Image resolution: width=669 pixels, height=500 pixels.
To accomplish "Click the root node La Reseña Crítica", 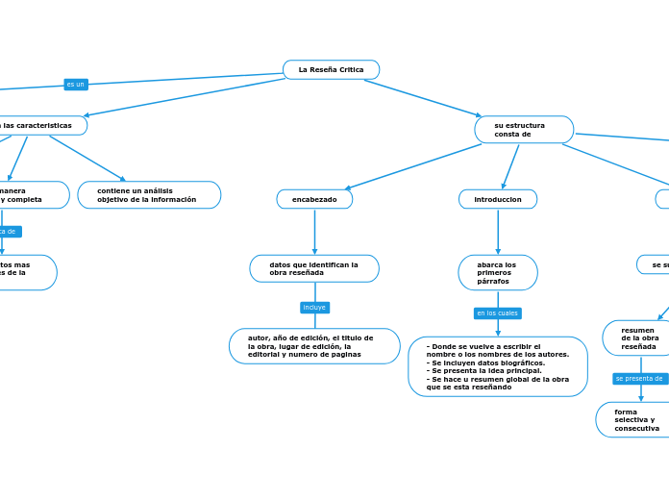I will [x=331, y=69].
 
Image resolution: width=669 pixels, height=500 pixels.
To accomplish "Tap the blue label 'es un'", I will [x=75, y=85].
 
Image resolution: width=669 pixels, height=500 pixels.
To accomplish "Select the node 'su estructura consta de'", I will [x=524, y=130].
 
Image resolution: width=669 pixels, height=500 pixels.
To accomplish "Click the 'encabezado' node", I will [x=314, y=199].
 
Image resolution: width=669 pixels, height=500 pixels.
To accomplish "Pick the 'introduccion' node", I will [x=498, y=199].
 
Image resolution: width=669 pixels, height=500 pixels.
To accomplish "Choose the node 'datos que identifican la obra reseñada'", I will [x=314, y=268].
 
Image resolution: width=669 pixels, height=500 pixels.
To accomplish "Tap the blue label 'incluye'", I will [x=314, y=308].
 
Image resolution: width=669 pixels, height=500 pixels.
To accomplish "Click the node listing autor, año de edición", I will [x=314, y=346].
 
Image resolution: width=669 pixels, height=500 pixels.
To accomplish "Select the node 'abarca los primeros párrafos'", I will [x=498, y=272].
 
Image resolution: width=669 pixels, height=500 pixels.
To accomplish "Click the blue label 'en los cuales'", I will [x=497, y=313].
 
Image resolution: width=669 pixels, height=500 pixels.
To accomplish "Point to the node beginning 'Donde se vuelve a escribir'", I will [x=498, y=366].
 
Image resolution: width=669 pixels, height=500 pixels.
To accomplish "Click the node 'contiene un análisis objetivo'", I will [x=149, y=195].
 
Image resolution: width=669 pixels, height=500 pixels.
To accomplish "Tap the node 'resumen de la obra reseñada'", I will [x=639, y=337].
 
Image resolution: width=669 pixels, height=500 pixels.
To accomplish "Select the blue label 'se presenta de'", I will [x=639, y=379].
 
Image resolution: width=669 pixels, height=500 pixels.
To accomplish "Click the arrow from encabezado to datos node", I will [x=314, y=233].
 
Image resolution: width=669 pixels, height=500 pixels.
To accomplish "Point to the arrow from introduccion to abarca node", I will [x=498, y=233].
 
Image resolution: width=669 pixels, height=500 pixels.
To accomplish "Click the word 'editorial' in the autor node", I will [x=265, y=354].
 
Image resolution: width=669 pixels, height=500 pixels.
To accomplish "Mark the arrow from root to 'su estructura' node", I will [x=423, y=98].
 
